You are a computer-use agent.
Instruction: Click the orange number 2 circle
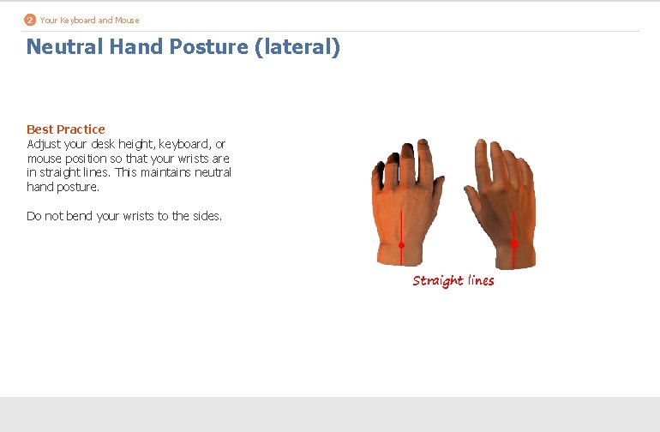click(31, 20)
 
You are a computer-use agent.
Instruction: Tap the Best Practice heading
click(66, 129)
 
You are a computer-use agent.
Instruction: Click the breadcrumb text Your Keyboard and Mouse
click(89, 20)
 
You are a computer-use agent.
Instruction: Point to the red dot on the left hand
click(401, 245)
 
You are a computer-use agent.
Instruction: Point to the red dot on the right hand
click(514, 244)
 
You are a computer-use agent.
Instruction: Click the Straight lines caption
click(453, 280)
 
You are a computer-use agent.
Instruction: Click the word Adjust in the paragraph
click(43, 144)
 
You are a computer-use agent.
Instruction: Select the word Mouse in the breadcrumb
click(126, 20)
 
